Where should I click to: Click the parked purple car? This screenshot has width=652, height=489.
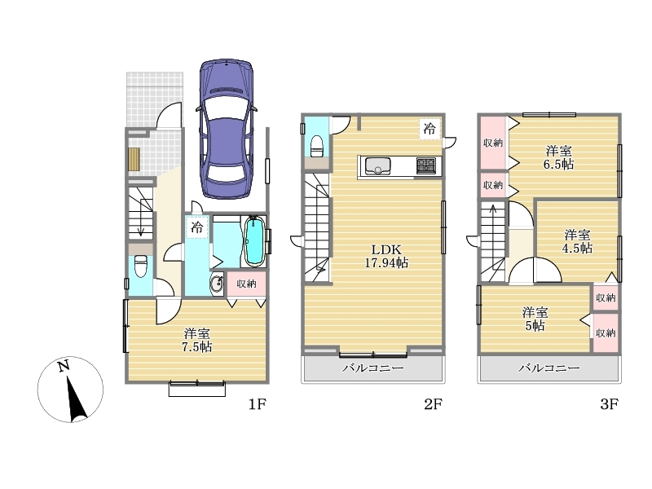[227, 129]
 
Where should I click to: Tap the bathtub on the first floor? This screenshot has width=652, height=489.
[254, 240]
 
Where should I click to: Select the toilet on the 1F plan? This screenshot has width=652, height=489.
[140, 267]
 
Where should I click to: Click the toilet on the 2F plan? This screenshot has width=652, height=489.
[317, 146]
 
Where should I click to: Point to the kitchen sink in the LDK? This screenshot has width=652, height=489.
[377, 166]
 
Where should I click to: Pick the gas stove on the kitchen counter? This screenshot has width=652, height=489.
[426, 166]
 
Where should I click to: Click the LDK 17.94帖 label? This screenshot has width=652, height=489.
[386, 256]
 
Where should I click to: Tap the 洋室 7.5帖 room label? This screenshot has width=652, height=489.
[197, 340]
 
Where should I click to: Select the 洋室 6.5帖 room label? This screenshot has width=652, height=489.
[558, 157]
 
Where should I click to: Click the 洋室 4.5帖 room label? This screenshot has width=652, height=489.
[577, 241]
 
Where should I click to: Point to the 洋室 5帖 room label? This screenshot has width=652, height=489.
[535, 319]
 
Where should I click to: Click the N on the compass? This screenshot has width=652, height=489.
[64, 366]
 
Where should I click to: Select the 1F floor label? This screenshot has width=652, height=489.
[257, 403]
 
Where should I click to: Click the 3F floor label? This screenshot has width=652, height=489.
[609, 403]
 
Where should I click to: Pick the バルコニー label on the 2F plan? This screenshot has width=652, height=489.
[372, 368]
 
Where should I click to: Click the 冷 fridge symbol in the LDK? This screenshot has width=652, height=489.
[430, 129]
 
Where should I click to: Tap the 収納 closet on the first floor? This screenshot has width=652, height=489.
[246, 284]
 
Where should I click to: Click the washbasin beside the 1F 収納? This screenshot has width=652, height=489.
[217, 284]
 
